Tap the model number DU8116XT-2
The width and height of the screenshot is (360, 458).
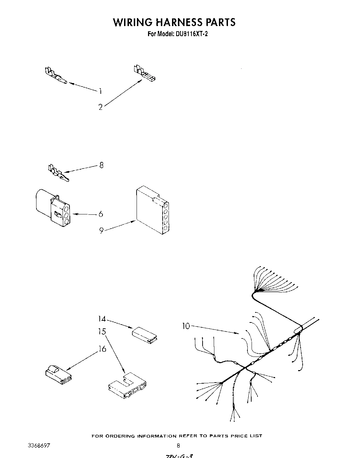click(190, 34)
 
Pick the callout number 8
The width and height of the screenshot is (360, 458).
click(101, 165)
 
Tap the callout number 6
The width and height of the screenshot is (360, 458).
click(101, 214)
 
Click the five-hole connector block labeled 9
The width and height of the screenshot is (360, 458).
click(152, 211)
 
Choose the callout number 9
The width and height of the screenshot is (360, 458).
click(101, 230)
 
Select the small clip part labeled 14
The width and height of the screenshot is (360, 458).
click(145, 334)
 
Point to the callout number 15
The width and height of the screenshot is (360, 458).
click(102, 332)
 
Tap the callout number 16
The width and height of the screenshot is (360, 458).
click(102, 349)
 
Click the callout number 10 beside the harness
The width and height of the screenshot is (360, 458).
click(186, 326)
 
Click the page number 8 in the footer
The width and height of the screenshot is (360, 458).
click(178, 445)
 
